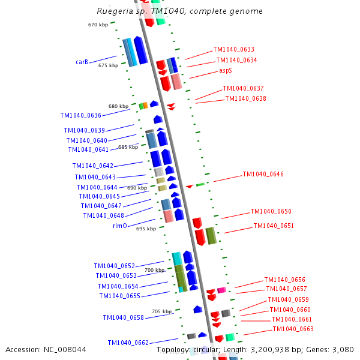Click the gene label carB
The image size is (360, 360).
pyautogui.click(x=82, y=62)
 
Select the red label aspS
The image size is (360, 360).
pyautogui.click(x=226, y=70)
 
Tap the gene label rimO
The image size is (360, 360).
pyautogui.click(x=119, y=226)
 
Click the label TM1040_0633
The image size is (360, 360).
pyautogui.click(x=233, y=50)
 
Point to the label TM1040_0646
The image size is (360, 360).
pyautogui.click(x=263, y=175)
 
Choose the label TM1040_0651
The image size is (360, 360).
pyautogui.click(x=274, y=226)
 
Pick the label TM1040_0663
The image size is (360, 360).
pyautogui.click(x=293, y=329)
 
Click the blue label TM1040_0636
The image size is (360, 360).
pyautogui.click(x=80, y=115)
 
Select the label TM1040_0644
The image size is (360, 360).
pyautogui.click(x=97, y=187)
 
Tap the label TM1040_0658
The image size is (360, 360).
pyautogui.click(x=123, y=318)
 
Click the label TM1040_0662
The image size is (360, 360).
pyautogui.click(x=128, y=343)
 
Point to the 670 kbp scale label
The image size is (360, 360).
pyautogui.click(x=97, y=25)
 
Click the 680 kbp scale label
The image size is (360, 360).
pyautogui.click(x=118, y=106)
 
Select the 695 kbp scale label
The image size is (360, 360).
pyautogui.click(x=146, y=229)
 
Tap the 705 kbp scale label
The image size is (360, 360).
pyautogui.click(x=161, y=311)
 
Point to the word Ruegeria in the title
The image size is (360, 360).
pyautogui.click(x=115, y=11)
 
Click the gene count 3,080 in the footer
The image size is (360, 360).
pyautogui.click(x=343, y=349)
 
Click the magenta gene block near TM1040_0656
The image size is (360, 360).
pyautogui.click(x=221, y=290)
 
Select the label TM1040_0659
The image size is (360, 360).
pyautogui.click(x=288, y=300)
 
